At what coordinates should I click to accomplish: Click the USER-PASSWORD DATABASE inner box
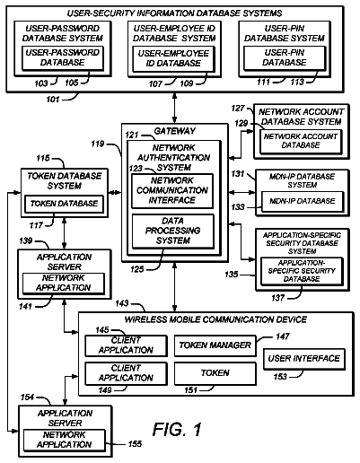coord(63,58)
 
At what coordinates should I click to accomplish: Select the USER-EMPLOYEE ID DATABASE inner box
coord(173,59)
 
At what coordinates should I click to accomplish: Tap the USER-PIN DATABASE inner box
coord(285,58)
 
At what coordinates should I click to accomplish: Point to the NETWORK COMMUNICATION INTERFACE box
coord(172,191)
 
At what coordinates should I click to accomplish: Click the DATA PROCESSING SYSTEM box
coord(173,231)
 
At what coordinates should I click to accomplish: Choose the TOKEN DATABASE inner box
coord(64,204)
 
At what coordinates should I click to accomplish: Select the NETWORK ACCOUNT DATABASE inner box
coord(301,142)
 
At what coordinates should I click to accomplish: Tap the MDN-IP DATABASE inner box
coord(303,201)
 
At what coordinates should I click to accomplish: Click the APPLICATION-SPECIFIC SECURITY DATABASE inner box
coord(302,271)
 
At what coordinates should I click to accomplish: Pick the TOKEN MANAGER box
coord(215,345)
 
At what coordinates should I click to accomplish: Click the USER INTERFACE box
coord(304,359)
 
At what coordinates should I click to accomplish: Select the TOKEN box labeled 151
coord(215,373)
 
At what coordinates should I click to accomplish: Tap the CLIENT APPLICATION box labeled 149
coord(126,373)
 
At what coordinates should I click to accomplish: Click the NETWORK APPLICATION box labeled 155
coord(65,440)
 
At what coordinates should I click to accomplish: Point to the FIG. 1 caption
coord(177,430)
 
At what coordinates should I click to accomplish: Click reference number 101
coord(53,99)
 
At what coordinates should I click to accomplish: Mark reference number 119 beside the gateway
coord(98,144)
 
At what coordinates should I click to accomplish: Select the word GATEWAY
coord(175,131)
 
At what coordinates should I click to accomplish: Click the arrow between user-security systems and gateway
coord(174,108)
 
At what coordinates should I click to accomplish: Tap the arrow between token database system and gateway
coord(115,192)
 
